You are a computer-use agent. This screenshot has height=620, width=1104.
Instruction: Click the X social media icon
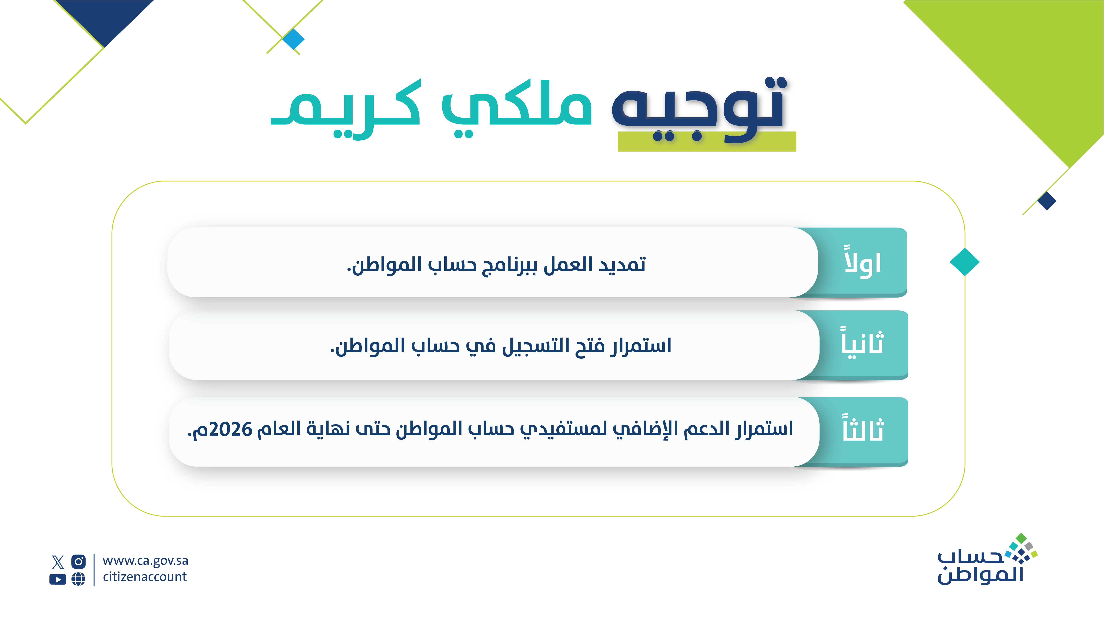coord(58,561)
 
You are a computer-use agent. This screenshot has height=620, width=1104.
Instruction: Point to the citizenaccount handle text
coord(145,577)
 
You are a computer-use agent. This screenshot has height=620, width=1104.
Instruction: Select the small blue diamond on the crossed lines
coord(294,39)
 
